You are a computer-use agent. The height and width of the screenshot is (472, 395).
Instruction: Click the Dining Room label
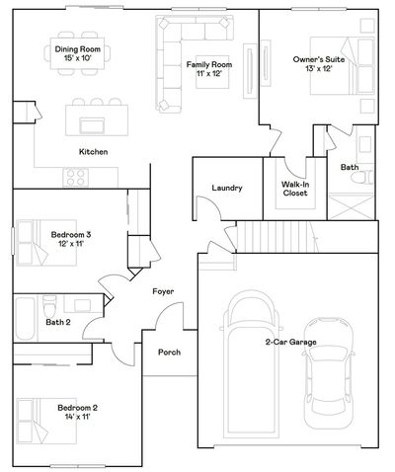point(78,49)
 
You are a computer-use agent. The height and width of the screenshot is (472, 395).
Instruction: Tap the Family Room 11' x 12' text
point(209,69)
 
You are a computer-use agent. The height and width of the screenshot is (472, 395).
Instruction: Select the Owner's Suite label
point(319,59)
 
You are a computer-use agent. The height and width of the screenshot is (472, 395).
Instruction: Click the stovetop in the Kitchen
point(76,177)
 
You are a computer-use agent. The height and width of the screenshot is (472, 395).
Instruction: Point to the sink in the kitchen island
point(93,125)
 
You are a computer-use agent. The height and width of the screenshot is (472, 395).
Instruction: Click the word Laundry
point(227,188)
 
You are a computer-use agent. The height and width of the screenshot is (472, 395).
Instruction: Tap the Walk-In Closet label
point(295,189)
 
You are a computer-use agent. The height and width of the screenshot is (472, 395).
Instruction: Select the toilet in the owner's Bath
point(362,178)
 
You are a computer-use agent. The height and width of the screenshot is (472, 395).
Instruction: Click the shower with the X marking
point(352,207)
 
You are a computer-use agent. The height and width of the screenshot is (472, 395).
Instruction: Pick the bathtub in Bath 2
point(25,318)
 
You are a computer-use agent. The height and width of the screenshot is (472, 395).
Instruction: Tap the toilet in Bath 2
point(49,306)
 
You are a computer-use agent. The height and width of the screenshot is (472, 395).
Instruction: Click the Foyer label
point(163,291)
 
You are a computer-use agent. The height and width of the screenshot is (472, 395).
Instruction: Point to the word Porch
point(170,353)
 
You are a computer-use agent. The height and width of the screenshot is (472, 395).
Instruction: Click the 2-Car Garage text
point(291,342)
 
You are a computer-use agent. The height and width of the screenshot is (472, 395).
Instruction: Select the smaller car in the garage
point(328,373)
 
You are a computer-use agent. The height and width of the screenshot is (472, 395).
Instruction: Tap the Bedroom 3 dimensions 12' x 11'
point(71,244)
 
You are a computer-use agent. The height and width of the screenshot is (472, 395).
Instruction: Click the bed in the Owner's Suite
point(343,66)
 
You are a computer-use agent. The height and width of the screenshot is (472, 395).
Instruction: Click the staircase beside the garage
point(277,237)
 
